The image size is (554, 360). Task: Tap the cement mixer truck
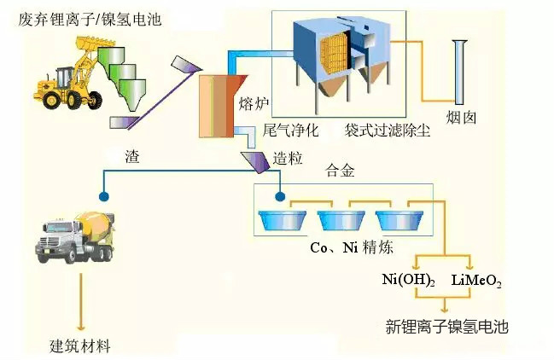click(75, 237)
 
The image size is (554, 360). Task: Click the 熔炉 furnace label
click(254, 103)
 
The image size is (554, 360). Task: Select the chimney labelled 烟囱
click(459, 73)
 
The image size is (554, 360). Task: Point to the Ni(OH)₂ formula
click(408, 280)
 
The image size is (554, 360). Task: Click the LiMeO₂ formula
click(476, 281)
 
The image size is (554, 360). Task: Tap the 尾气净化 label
click(290, 130)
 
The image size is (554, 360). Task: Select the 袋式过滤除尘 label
click(388, 130)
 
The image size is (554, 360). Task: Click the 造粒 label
click(288, 159)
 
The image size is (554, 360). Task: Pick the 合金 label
click(340, 171)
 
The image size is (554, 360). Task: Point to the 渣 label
click(132, 156)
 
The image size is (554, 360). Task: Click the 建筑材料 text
click(80, 345)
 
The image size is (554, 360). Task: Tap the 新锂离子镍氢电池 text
click(446, 327)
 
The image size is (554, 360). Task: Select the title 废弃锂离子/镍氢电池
click(90, 19)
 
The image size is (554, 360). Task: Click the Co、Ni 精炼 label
click(351, 247)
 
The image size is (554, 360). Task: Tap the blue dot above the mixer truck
click(104, 196)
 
